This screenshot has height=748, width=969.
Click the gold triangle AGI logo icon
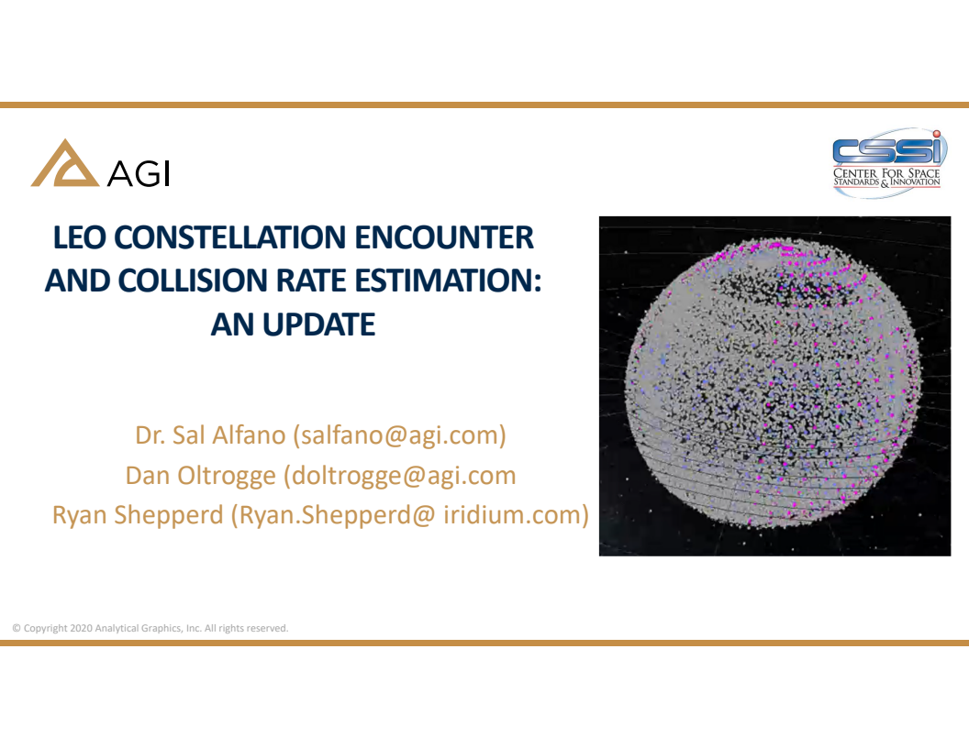click(x=64, y=164)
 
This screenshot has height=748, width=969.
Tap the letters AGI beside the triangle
click(x=139, y=174)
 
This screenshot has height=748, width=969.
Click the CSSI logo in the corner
click(x=887, y=159)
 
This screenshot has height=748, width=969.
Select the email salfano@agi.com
click(x=399, y=434)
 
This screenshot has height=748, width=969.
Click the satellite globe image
click(x=774, y=386)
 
